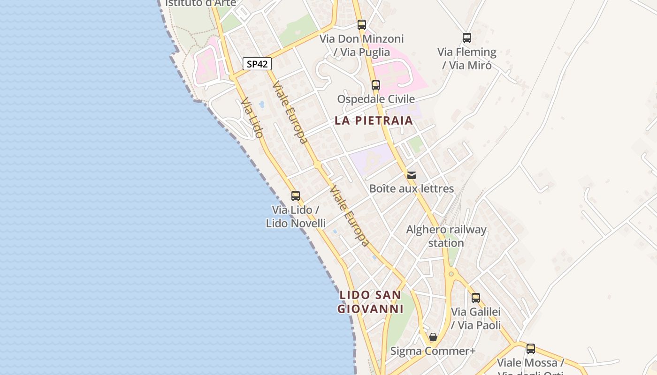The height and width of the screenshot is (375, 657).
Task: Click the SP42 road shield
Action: [x=257, y=64]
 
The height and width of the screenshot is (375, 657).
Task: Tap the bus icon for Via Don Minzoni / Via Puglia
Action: [x=361, y=25]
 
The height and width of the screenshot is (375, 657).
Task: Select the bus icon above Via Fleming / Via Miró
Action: [x=466, y=38]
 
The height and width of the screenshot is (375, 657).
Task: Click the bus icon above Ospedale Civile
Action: [x=375, y=85]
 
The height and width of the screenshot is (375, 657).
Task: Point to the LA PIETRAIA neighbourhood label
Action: [x=374, y=120]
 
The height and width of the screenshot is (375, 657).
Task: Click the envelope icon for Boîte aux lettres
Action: [x=412, y=175]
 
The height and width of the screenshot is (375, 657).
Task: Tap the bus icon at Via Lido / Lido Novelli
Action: [x=296, y=196]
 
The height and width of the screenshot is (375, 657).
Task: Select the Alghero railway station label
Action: [x=446, y=236]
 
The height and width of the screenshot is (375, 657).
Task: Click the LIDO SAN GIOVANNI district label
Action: [x=371, y=302]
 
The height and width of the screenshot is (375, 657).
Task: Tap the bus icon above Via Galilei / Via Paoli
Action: [x=476, y=298]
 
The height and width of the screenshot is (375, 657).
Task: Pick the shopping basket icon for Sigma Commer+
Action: [x=433, y=337]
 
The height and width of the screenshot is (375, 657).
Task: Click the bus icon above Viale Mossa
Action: [x=531, y=349]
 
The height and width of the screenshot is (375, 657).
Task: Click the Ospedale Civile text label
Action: [x=376, y=99]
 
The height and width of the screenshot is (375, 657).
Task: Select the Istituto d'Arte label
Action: [x=200, y=3]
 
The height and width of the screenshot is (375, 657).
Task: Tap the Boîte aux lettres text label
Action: [x=412, y=188]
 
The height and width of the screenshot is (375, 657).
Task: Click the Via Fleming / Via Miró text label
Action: [x=467, y=59]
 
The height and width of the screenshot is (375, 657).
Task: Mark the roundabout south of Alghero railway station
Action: [x=451, y=273]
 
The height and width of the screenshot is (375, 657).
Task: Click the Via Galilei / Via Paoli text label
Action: [x=476, y=318]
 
